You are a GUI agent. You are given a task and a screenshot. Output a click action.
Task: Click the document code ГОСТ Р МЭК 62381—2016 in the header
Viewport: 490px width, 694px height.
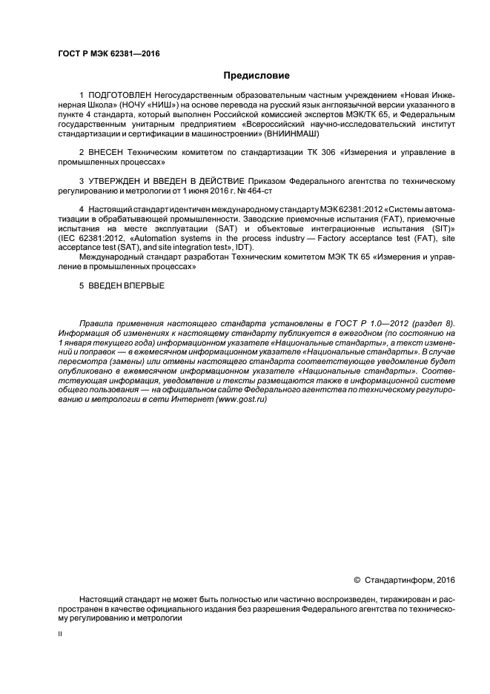(108, 53)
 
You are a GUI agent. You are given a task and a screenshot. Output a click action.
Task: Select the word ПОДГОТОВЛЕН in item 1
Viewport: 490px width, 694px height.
(119, 97)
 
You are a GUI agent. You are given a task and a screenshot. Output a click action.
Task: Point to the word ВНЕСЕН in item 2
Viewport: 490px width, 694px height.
(109, 152)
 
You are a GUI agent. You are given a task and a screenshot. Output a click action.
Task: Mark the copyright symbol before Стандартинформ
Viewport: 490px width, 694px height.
(357, 579)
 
